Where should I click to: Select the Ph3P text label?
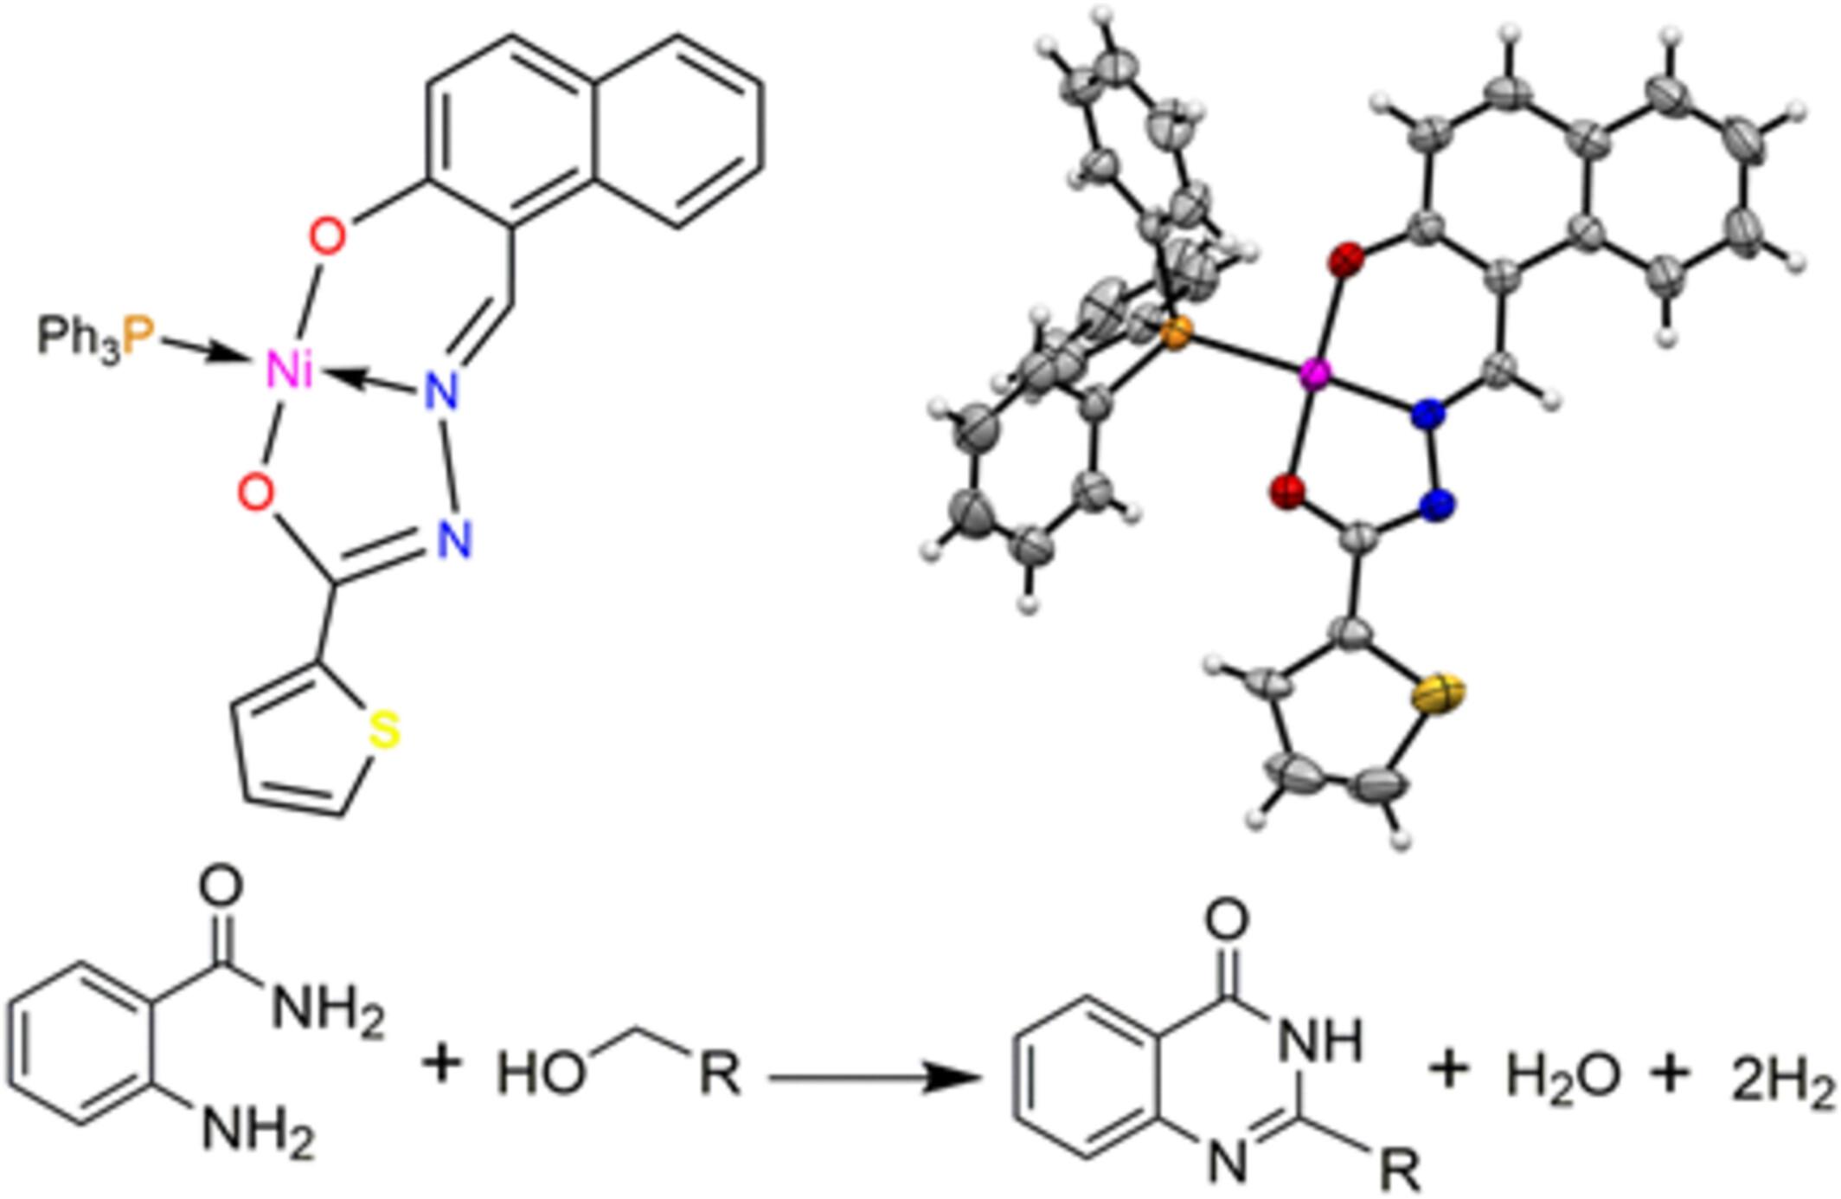pyautogui.click(x=95, y=336)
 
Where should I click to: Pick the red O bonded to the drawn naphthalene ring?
pyautogui.click(x=327, y=235)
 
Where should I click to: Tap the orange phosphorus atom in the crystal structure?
pyautogui.click(x=1174, y=332)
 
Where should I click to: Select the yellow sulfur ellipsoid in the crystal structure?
pyautogui.click(x=1439, y=693)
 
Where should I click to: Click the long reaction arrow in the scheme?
pyautogui.click(x=874, y=1078)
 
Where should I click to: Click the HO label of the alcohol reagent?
pyautogui.click(x=542, y=1073)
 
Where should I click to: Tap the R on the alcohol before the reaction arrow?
pyautogui.click(x=720, y=1073)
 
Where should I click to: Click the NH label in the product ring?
pyautogui.click(x=1319, y=1039)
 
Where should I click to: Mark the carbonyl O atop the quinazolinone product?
pyautogui.click(x=1227, y=919)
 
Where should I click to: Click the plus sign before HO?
pyautogui.click(x=442, y=1063)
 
